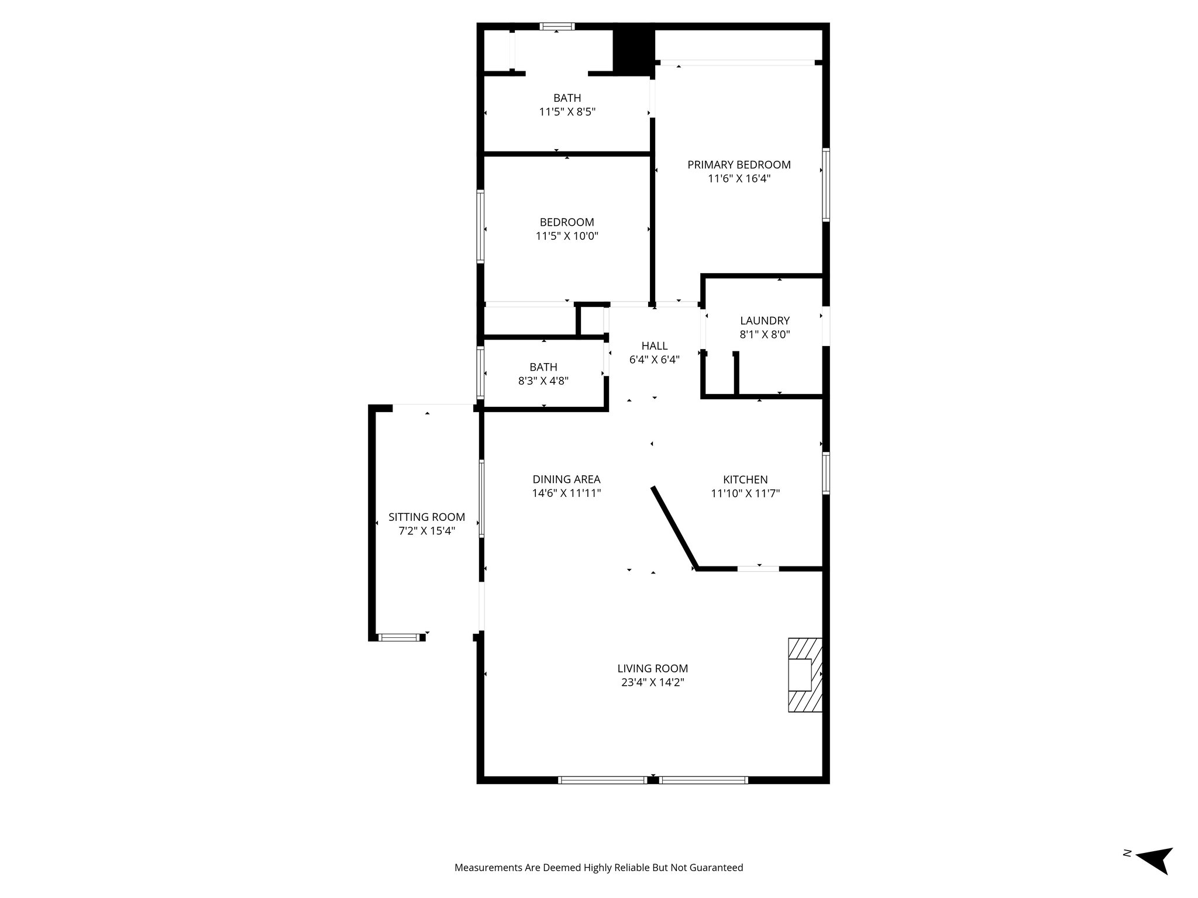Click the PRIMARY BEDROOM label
[739, 165]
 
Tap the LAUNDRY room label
[765, 320]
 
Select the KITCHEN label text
[745, 479]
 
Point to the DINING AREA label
[566, 479]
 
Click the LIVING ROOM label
[652, 668]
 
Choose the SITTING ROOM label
[426, 517]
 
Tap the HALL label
[654, 346]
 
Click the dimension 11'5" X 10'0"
[567, 236]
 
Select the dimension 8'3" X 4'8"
[543, 381]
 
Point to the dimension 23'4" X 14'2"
[652, 682]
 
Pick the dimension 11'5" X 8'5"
[567, 112]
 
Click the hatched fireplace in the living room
[804, 675]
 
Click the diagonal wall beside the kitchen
[673, 527]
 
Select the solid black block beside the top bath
[633, 51]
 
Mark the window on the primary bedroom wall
[826, 185]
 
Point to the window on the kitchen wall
[826, 473]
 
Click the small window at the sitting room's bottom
[400, 637]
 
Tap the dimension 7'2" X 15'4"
[426, 531]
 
